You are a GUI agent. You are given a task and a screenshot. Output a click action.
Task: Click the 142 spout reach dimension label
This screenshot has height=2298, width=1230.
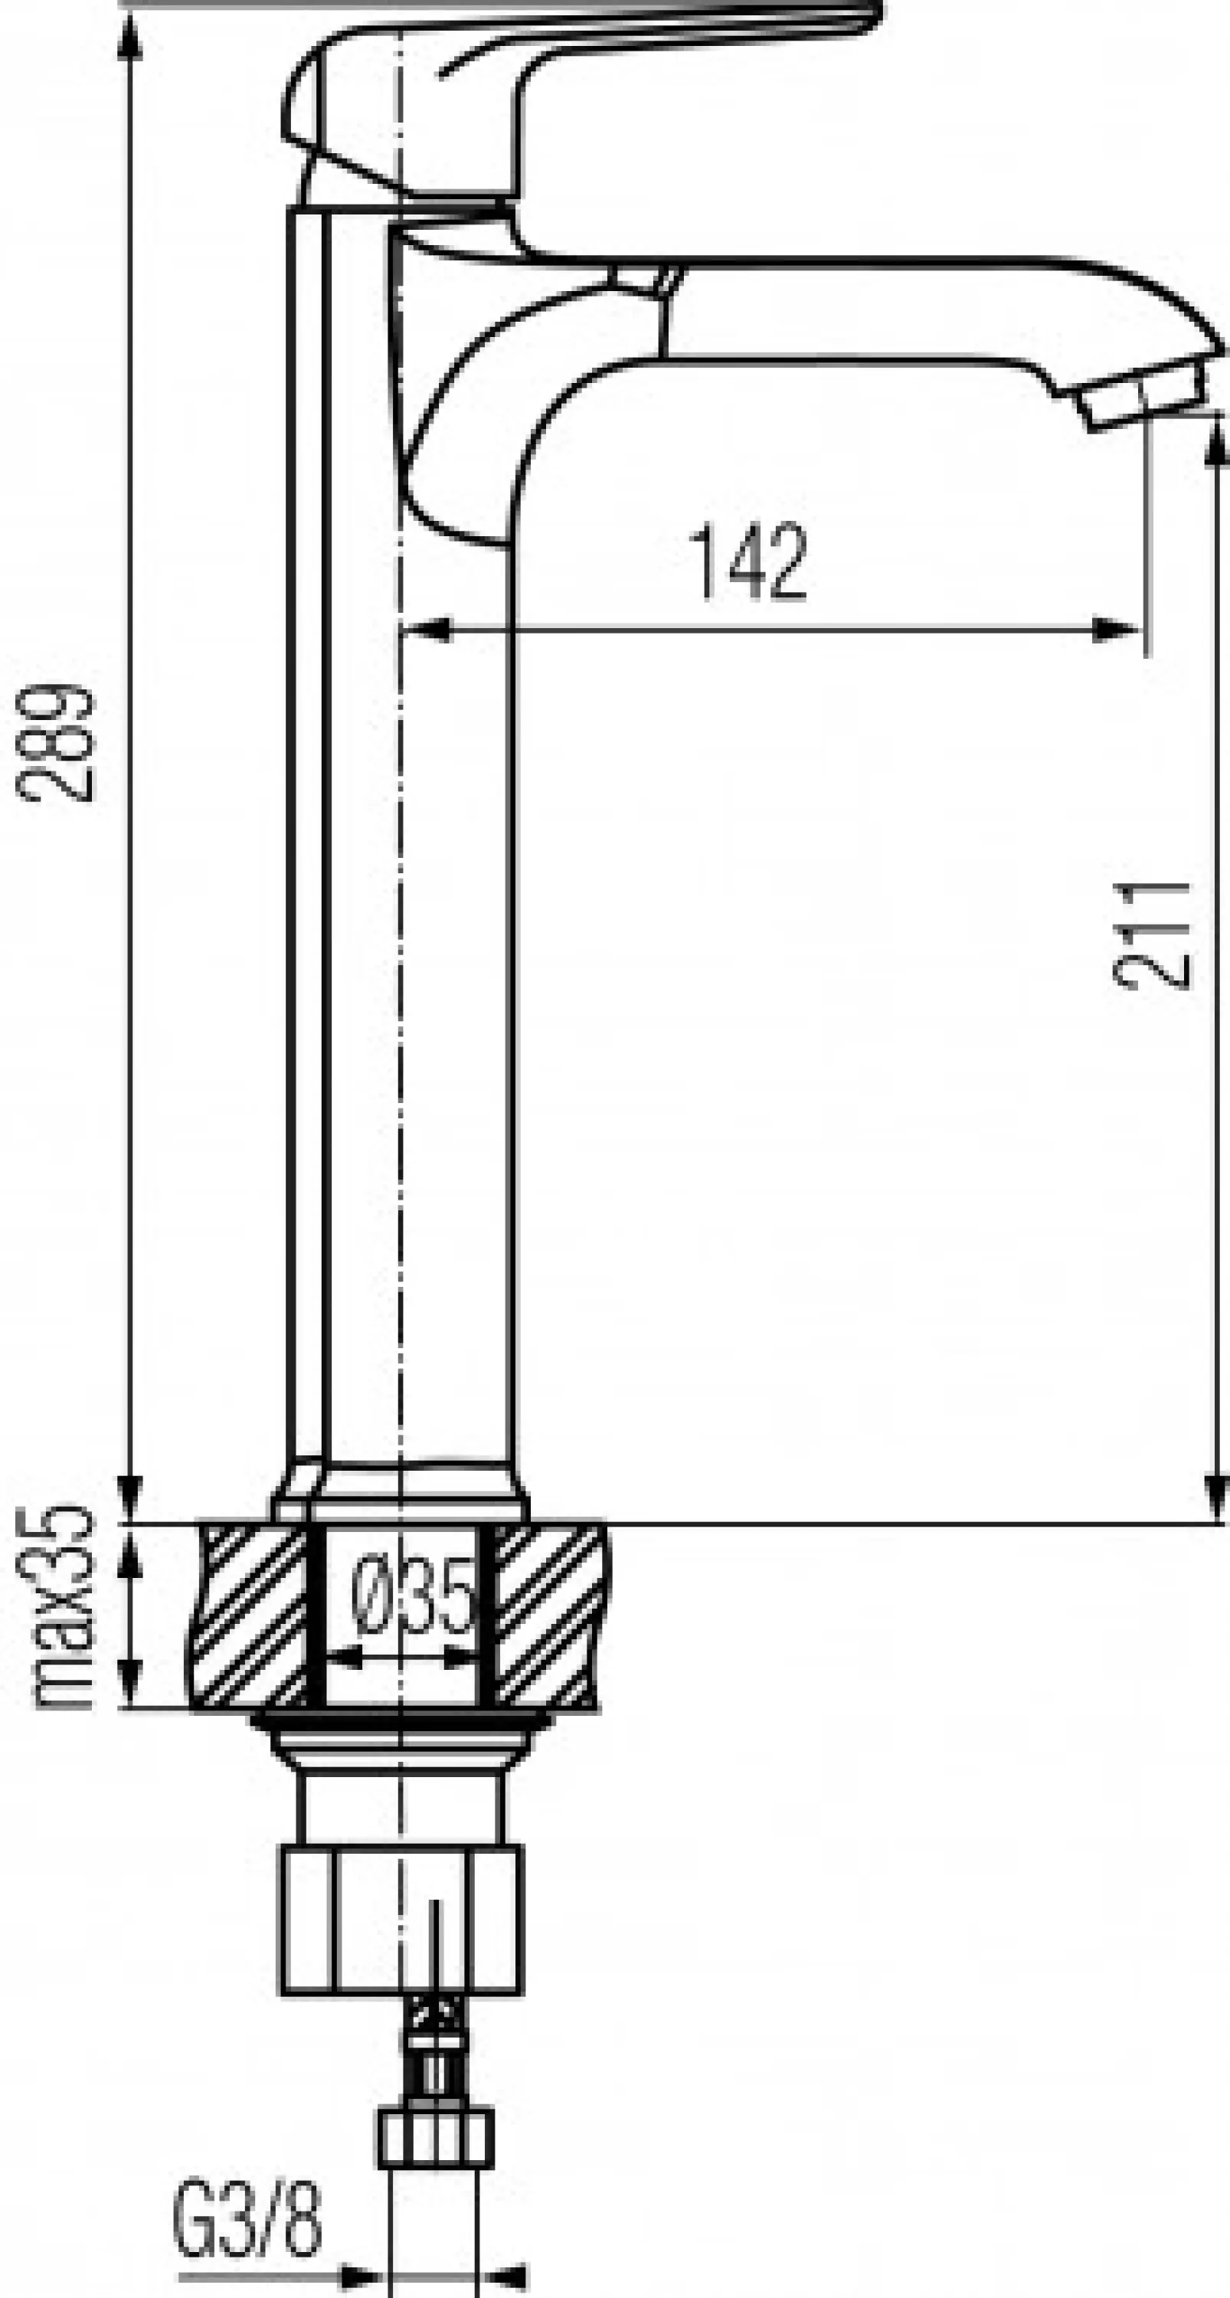pos(749,562)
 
